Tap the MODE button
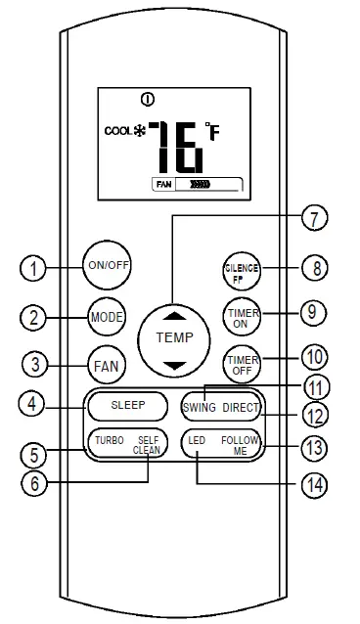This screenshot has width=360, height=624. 105,318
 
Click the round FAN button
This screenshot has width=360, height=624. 105,366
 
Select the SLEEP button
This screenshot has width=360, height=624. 127,405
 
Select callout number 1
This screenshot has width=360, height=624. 35,267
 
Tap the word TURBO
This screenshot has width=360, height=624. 109,441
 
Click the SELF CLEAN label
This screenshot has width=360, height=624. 147,446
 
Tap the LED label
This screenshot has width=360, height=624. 198,441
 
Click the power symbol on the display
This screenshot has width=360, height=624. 147,99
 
